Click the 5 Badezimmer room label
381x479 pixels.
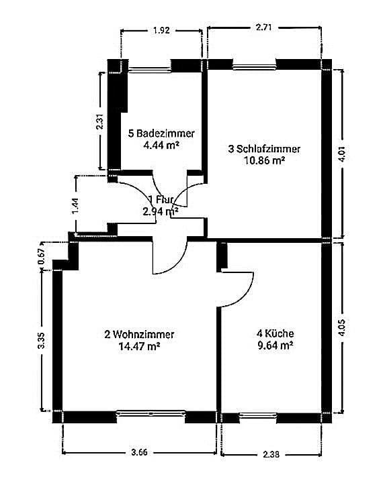pos(161,134)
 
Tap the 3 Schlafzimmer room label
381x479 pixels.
pos(264,149)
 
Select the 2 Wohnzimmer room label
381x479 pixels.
pos(139,334)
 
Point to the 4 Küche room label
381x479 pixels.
pos(276,333)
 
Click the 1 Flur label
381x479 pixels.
pos(161,199)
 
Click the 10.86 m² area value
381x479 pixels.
pos(264,160)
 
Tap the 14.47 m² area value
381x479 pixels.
pos(139,346)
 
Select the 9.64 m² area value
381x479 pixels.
pos(276,345)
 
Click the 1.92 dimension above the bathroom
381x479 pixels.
pos(161,30)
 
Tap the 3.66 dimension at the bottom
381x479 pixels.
pos(139,451)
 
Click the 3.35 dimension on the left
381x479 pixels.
pos(42,341)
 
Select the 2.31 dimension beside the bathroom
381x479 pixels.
pos(99,121)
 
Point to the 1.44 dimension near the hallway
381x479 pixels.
pos(76,205)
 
